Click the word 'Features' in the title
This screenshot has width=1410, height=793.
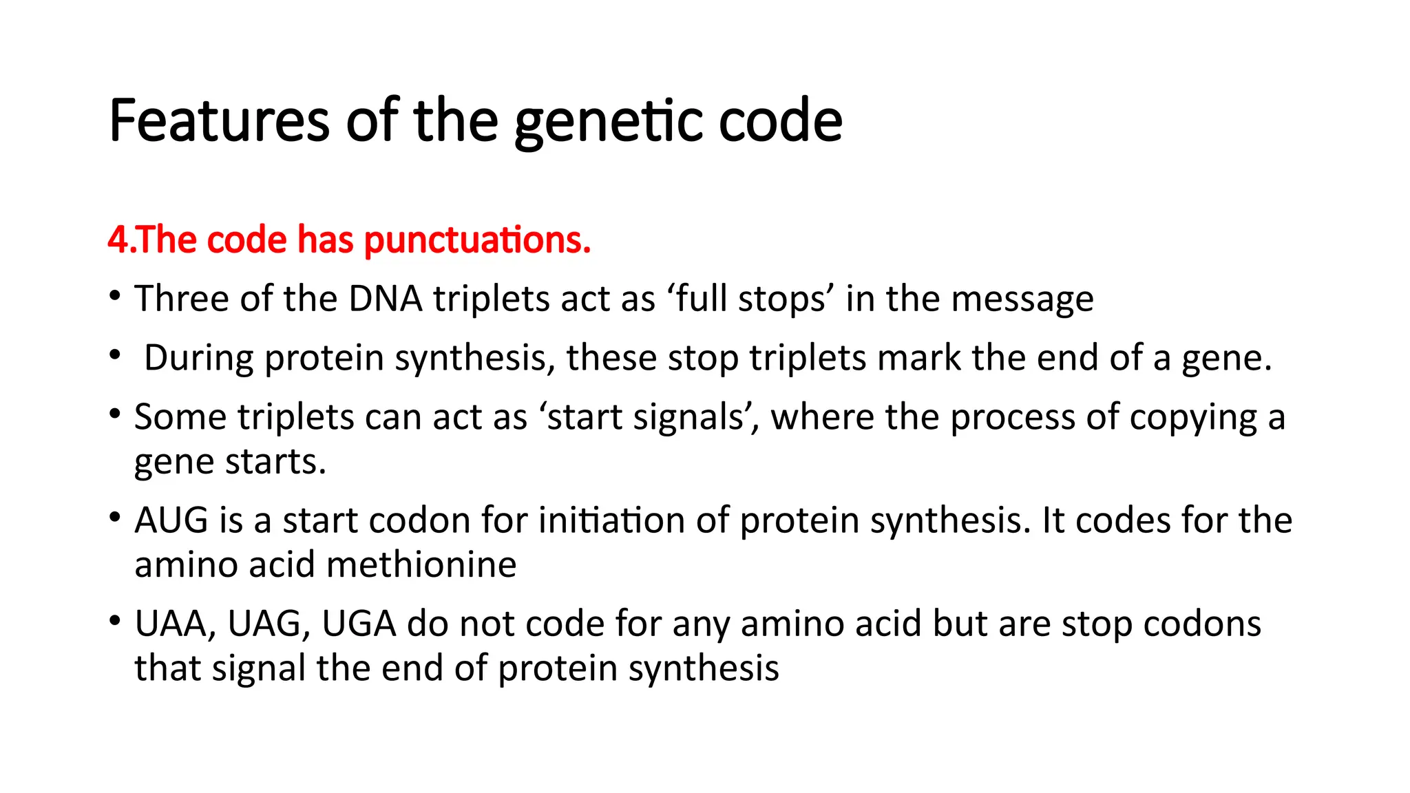coord(219,121)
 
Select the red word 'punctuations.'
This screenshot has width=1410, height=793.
coord(477,240)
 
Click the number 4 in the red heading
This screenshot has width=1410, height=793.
coord(118,240)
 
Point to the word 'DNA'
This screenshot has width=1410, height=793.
coord(385,299)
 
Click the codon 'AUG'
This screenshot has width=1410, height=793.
coord(171,520)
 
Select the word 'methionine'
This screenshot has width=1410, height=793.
coord(421,565)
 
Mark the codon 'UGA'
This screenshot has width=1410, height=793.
coord(359,624)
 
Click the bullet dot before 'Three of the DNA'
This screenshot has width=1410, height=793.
coord(115,297)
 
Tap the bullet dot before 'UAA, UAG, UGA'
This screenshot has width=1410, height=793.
coord(115,621)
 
